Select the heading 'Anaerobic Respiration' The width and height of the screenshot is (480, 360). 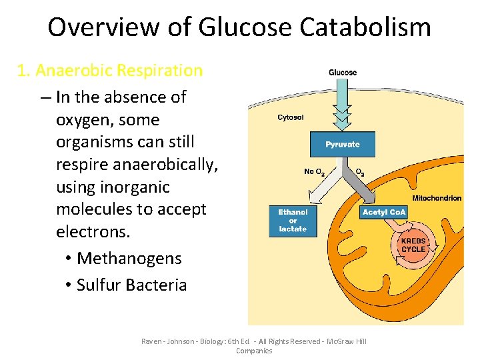coord(119,70)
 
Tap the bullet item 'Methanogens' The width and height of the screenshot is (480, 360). coord(129,258)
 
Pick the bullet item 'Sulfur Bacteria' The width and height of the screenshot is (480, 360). coord(131,285)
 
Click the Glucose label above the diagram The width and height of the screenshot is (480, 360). coord(343,73)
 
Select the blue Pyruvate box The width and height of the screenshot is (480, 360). coord(343,144)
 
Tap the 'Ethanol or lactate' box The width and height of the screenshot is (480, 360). coord(293,221)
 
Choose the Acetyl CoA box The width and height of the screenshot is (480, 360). coord(384,212)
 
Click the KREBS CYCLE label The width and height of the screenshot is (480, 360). coord(413,245)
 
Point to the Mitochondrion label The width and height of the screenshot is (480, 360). coord(437,198)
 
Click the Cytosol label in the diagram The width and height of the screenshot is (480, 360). coord(291,118)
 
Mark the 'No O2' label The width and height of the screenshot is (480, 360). coord(313,172)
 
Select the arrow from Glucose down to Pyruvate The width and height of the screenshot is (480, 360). coord(343,103)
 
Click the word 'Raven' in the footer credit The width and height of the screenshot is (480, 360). coord(151,341)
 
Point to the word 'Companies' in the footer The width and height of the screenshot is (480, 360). coord(254,351)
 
